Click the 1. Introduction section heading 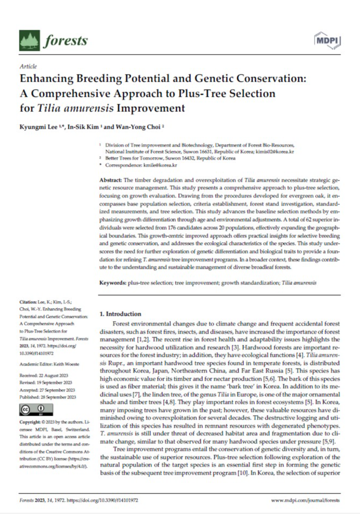(121, 313)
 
